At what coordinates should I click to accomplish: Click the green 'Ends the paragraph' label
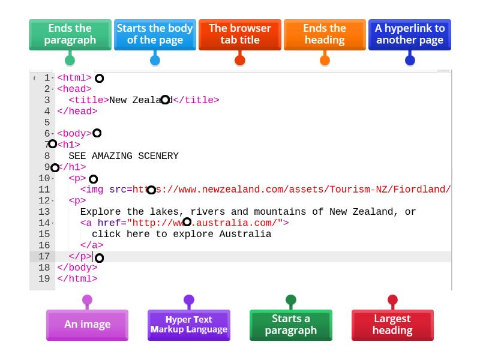pyautogui.click(x=70, y=34)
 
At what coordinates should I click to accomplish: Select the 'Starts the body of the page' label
pyautogui.click(x=155, y=34)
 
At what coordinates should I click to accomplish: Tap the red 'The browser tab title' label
pyautogui.click(x=239, y=34)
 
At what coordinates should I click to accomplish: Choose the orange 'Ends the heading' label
pyautogui.click(x=325, y=34)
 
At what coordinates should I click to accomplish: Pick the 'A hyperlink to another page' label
pyautogui.click(x=410, y=34)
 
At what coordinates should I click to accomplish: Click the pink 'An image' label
pyautogui.click(x=87, y=325)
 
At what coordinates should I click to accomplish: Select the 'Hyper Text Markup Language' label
pyautogui.click(x=189, y=325)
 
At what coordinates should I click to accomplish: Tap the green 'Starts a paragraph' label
pyautogui.click(x=291, y=325)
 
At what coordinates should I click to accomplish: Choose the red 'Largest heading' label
pyautogui.click(x=392, y=325)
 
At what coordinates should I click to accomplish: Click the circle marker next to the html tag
pyautogui.click(x=100, y=79)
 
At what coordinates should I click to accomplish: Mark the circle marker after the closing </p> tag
pyautogui.click(x=100, y=258)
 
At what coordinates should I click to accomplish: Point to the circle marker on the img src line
pyautogui.click(x=151, y=190)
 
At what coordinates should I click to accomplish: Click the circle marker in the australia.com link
pyautogui.click(x=187, y=222)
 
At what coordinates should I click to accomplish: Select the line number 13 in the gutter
pyautogui.click(x=44, y=212)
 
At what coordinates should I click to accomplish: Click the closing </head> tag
pyautogui.click(x=77, y=111)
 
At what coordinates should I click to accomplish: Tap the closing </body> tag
pyautogui.click(x=77, y=268)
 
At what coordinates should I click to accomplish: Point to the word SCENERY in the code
pyautogui.click(x=158, y=156)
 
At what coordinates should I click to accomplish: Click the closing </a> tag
pyautogui.click(x=92, y=245)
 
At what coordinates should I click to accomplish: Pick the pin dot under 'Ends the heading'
pyautogui.click(x=325, y=60)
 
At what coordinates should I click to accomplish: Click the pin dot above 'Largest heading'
pyautogui.click(x=392, y=299)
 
